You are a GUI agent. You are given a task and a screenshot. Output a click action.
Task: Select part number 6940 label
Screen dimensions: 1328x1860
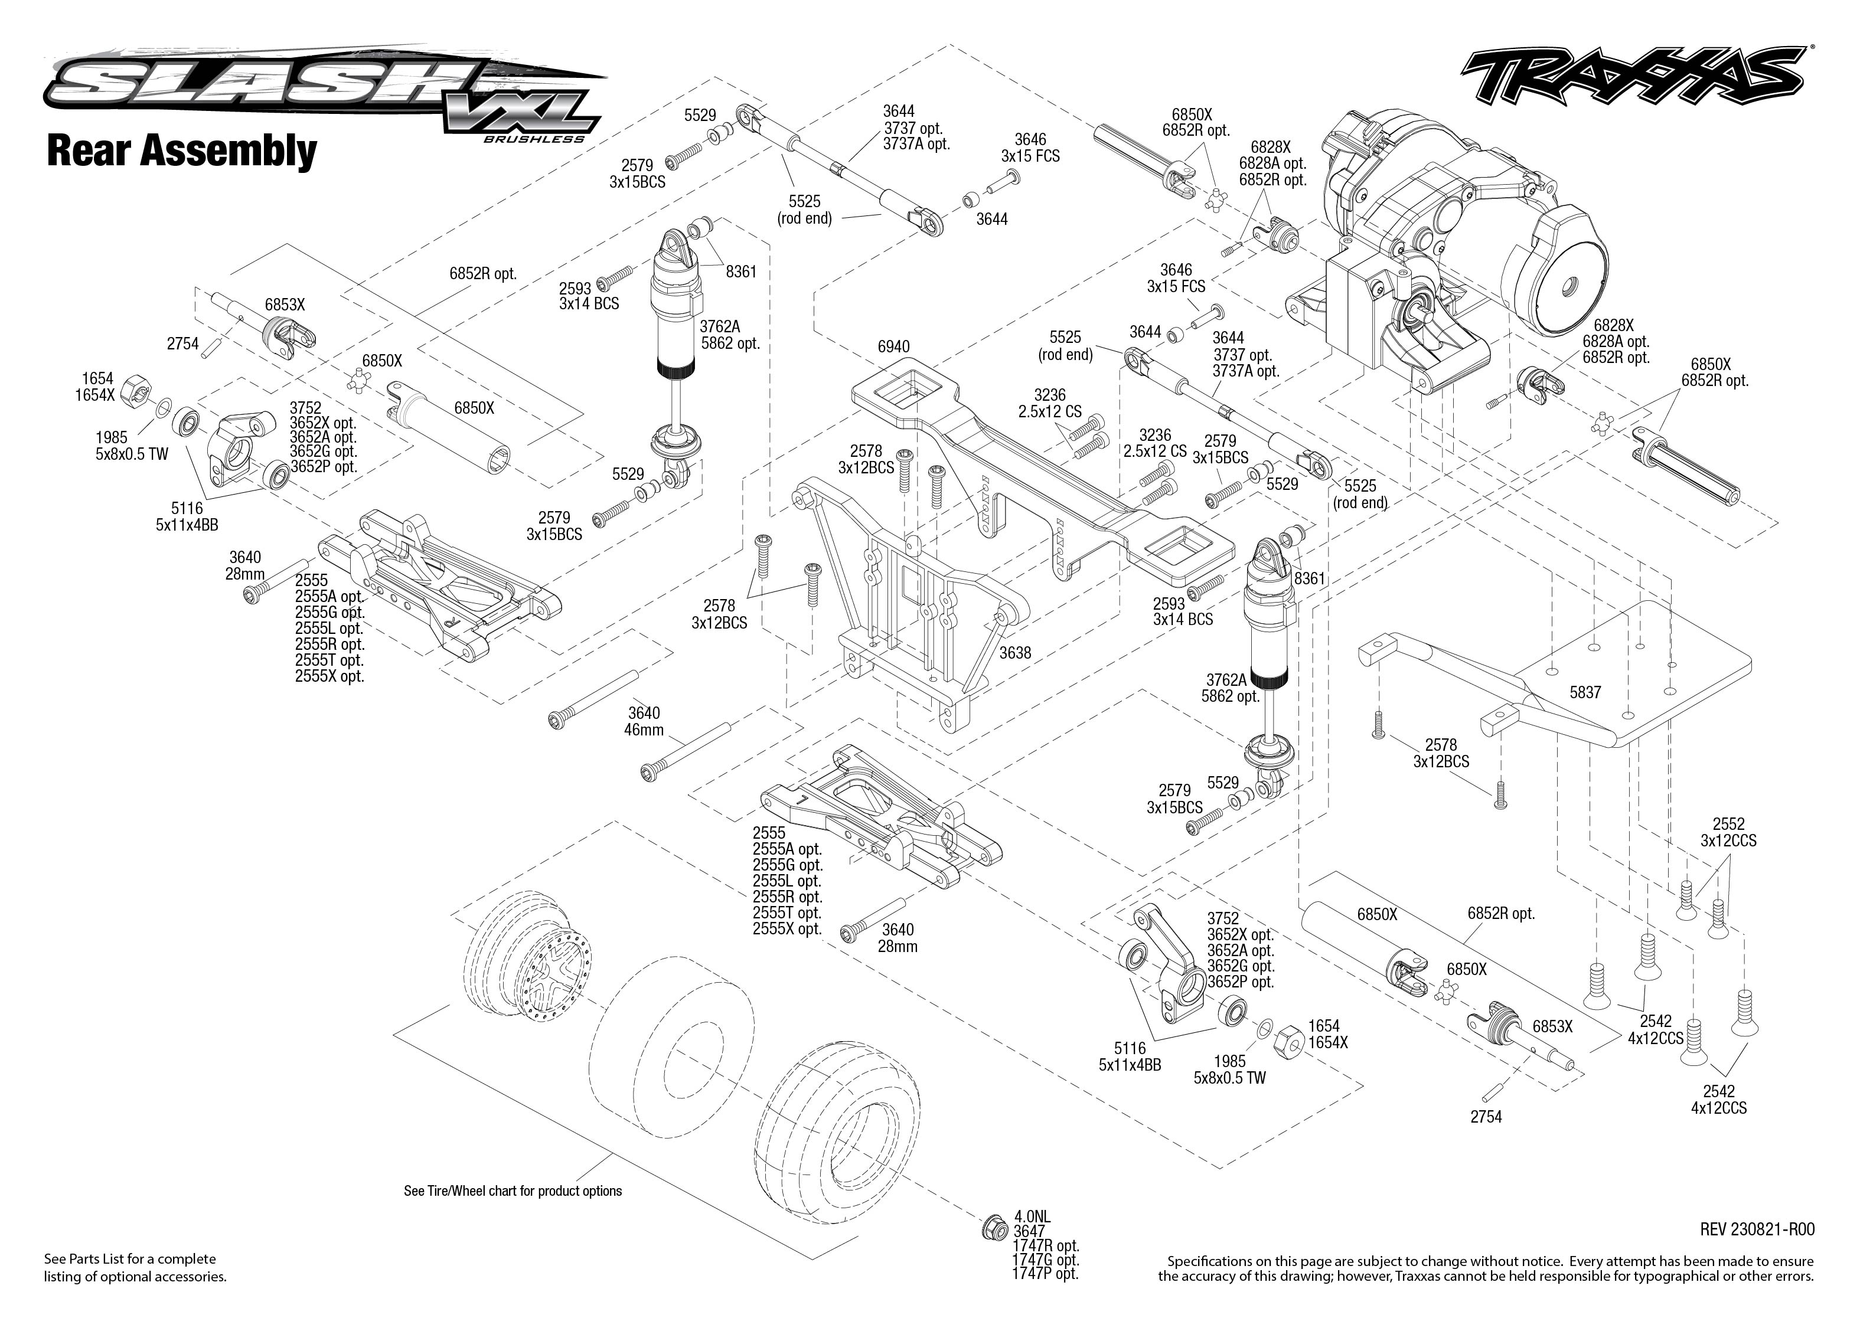[x=893, y=346]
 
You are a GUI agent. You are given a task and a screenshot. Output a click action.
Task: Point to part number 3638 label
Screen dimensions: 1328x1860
[x=1014, y=653]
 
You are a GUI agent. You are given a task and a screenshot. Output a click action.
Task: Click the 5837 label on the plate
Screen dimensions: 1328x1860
[x=1584, y=692]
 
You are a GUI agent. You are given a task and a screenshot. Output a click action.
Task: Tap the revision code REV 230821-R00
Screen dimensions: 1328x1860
[x=1757, y=1229]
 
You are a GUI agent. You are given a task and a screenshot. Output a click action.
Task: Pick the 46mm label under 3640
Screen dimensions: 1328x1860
[x=644, y=730]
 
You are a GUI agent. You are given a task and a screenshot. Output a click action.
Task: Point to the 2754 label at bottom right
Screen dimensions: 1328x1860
[x=1486, y=1117]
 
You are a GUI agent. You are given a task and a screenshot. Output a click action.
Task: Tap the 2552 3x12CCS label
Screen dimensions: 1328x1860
[x=1728, y=832]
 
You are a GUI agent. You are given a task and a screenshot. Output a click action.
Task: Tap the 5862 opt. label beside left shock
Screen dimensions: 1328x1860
[x=730, y=344]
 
